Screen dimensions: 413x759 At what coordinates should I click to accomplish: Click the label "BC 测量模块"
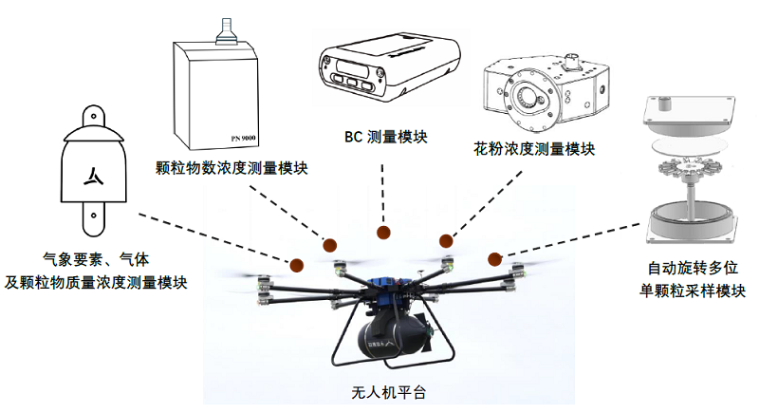point(385,136)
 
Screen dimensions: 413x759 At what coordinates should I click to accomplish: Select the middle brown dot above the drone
point(383,233)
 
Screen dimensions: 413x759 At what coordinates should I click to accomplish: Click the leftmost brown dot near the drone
point(296,265)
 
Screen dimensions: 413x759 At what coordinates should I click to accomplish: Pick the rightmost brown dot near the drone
point(494,258)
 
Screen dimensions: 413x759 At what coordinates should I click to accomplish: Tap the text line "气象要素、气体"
point(98,258)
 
